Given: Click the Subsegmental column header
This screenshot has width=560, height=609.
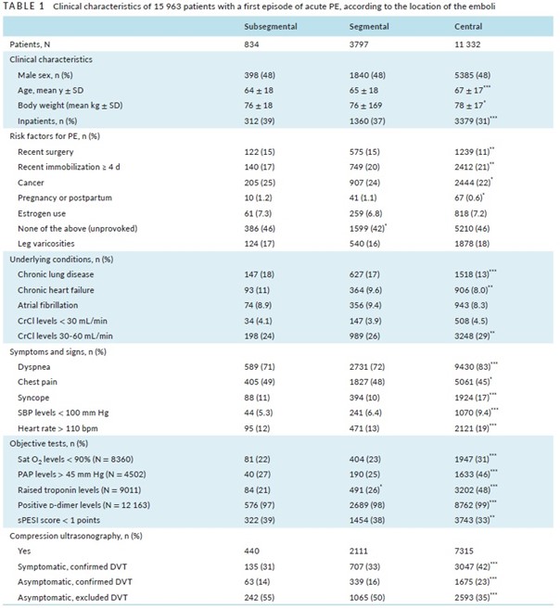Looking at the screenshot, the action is pos(271,26).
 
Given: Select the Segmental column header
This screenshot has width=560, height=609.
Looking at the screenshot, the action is pos(369,26).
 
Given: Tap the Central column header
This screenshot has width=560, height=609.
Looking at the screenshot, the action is pos(468,26).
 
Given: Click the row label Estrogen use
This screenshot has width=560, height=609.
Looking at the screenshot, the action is pos(42,213).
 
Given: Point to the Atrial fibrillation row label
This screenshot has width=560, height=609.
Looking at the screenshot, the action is pos(48,305).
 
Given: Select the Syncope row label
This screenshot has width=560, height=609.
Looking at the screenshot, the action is pos(33,398).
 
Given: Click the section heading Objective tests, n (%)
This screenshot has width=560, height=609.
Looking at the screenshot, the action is pos(48,444).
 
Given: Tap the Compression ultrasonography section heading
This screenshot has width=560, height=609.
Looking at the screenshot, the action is pos(76,536).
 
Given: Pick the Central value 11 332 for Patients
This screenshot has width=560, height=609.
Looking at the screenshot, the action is pos(467,44).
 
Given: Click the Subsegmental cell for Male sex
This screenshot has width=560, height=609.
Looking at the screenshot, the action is pos(260,75).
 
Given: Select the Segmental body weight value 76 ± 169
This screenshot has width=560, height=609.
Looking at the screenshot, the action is pos(365,106).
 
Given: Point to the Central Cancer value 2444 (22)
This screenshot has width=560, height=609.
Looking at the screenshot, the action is pos(473,183).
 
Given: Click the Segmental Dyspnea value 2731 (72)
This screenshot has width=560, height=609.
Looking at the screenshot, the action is pos(367,367).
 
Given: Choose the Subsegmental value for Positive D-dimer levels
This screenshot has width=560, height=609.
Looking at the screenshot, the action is pos(259,505).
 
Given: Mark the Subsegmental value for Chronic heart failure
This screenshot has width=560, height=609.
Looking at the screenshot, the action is pos(257,290).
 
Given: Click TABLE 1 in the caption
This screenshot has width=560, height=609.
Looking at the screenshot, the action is pos(24,6).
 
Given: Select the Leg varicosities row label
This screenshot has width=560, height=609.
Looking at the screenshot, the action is pos(45,244).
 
